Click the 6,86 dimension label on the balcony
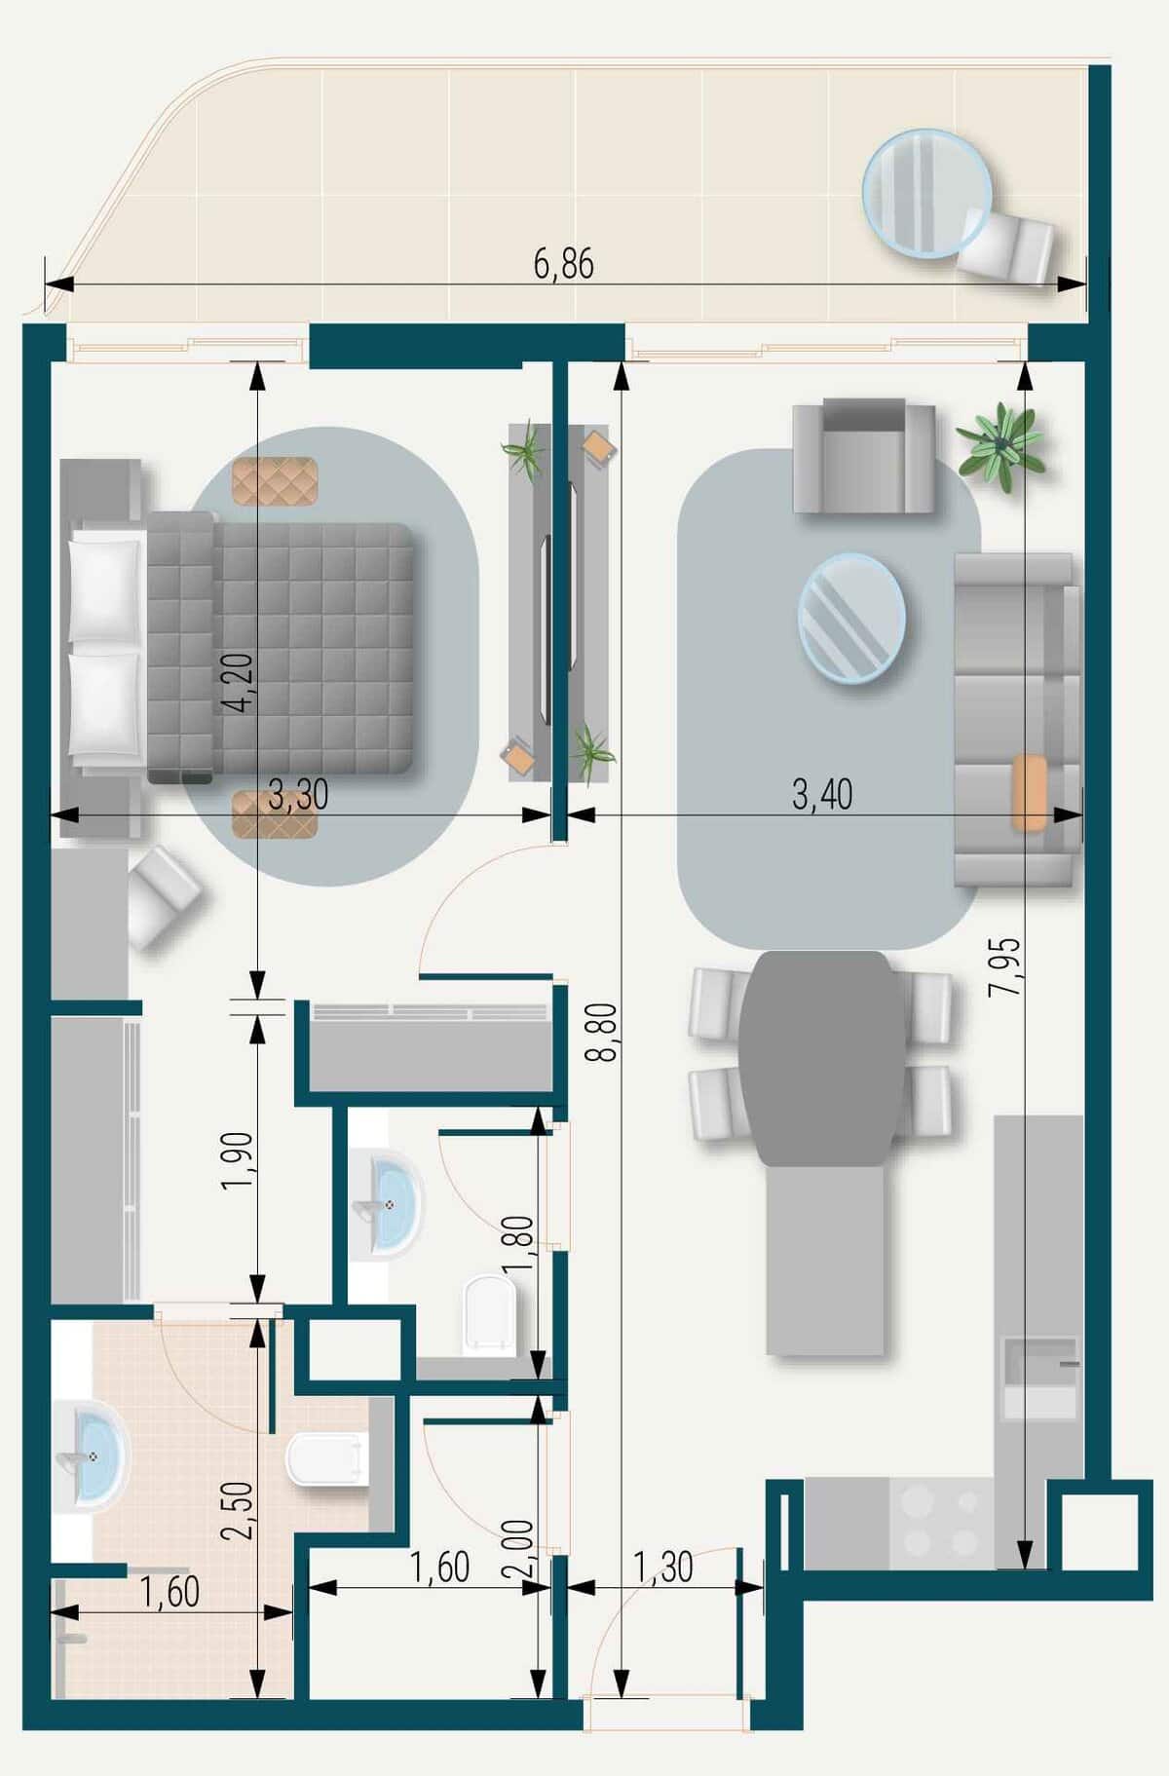tap(563, 264)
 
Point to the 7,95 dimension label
tap(1004, 965)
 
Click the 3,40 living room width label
tap(822, 795)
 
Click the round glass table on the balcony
tap(927, 193)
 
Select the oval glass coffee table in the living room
tap(851, 614)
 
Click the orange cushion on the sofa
tap(1030, 792)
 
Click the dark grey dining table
tap(820, 1058)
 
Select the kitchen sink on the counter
tap(1041, 1378)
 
